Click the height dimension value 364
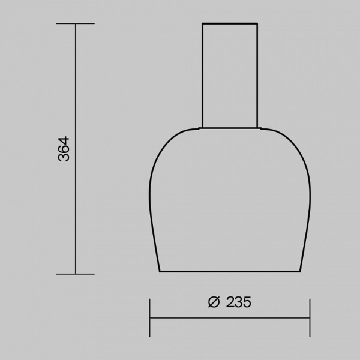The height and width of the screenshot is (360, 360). point(64,149)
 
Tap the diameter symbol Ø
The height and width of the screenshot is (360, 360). point(215,302)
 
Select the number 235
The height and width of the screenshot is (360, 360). point(238,302)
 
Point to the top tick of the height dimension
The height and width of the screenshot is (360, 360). point(75,23)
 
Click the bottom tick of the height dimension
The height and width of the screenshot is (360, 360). point(75,274)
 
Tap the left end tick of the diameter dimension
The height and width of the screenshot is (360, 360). point(149,319)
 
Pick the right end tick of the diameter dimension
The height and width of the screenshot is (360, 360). point(310,319)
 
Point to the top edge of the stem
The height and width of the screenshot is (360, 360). point(230,23)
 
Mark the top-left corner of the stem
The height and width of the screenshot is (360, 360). point(202,23)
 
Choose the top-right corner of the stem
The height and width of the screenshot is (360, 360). point(258,23)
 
